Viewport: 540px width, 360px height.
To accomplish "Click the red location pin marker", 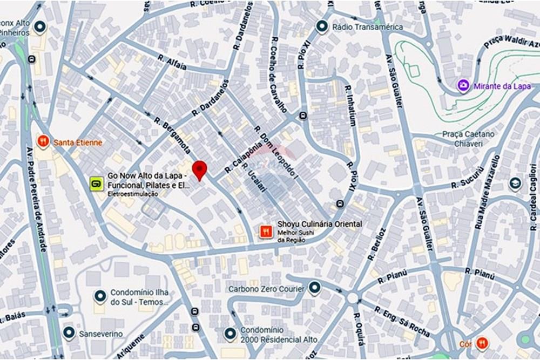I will [200, 170].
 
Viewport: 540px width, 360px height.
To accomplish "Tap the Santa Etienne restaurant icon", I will [43, 142].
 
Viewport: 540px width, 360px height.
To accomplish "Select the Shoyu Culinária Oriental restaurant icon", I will [265, 232].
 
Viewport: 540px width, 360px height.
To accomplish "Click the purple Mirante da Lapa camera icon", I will [463, 86].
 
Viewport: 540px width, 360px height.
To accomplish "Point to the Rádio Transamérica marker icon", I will [322, 26].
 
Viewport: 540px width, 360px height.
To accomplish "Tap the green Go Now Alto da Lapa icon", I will [96, 184].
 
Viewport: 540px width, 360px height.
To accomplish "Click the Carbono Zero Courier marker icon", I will [314, 288].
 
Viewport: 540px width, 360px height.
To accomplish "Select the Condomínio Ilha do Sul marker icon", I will [100, 296].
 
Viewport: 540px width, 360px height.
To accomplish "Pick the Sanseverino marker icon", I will [69, 333].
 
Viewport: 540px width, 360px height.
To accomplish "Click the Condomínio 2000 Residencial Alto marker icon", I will [231, 334].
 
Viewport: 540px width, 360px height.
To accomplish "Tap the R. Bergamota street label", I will [172, 135].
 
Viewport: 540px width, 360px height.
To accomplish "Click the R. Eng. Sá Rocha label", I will [402, 322].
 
